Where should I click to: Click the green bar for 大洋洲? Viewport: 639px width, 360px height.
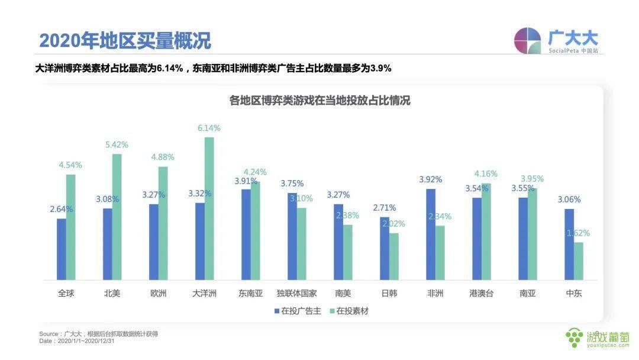209,208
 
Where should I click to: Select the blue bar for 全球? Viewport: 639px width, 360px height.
62,249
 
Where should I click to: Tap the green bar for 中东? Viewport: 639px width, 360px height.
578,261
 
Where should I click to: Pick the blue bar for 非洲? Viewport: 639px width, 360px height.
431,234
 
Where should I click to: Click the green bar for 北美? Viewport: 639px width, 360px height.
117,217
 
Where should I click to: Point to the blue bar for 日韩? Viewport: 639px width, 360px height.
385,248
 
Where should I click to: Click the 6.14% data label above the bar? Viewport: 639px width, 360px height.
209,128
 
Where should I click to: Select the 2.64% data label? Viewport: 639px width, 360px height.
60,208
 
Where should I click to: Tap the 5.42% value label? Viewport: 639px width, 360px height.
117,144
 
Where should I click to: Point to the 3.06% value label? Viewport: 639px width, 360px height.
569,200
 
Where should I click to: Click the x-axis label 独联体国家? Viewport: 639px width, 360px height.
296,293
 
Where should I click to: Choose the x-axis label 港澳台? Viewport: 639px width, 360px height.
481,293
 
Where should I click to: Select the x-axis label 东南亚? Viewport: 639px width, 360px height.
250,293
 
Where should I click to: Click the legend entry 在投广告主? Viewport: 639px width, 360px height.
297,311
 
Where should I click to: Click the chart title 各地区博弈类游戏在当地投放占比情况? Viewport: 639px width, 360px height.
319,101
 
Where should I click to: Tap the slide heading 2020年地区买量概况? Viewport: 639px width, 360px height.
125,41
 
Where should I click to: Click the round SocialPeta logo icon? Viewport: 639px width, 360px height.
528,41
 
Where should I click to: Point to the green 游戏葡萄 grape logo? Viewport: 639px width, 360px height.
574,337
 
